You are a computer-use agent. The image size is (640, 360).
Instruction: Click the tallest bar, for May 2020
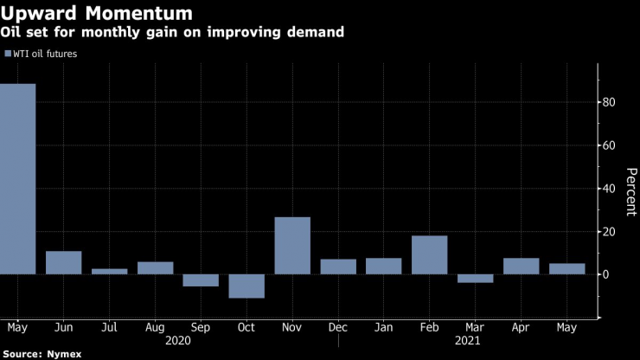[17, 178]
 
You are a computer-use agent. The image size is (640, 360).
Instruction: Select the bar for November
[292, 246]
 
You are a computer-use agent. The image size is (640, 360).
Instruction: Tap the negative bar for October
[246, 286]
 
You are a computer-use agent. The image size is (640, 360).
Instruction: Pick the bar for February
[429, 254]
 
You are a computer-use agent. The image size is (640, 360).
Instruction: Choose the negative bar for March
[475, 278]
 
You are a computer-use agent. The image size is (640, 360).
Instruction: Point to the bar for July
[109, 271]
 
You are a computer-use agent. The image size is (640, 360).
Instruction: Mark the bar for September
[201, 280]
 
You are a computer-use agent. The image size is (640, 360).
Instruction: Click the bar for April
[521, 266]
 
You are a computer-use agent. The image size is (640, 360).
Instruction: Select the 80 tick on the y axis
[609, 103]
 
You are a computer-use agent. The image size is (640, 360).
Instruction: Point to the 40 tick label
[609, 189]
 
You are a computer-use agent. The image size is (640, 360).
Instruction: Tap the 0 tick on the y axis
[606, 274]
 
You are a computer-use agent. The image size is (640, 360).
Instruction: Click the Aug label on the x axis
[155, 329]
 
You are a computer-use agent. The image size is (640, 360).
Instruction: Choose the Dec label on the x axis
[338, 329]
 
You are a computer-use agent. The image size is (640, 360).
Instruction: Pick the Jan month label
[383, 329]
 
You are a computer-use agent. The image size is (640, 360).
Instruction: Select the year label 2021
[475, 341]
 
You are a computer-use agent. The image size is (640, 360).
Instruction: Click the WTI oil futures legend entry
[42, 54]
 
